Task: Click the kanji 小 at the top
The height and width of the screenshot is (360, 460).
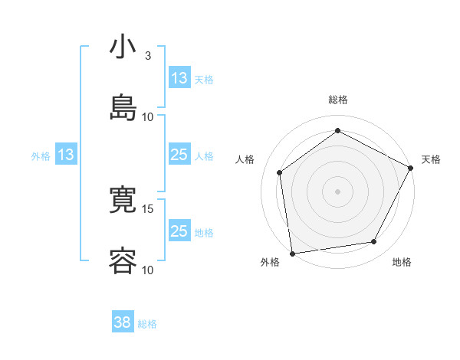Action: (123, 47)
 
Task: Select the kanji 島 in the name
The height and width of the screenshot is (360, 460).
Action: (123, 107)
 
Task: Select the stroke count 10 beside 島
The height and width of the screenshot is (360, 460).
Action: (148, 116)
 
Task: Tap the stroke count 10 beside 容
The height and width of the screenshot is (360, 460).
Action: (148, 269)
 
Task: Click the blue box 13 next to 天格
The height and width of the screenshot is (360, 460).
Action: (179, 78)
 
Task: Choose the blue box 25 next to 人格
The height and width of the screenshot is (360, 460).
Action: (179, 155)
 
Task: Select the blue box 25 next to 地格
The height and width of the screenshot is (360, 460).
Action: (179, 231)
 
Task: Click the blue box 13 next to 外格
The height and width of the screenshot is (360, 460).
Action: (66, 155)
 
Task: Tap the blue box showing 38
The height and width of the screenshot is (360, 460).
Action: (123, 322)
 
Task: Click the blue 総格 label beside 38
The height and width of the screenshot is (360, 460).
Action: (147, 324)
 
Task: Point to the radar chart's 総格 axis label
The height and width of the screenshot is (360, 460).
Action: (338, 100)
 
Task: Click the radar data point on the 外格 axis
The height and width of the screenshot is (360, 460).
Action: (292, 253)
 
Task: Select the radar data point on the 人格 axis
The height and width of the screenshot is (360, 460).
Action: (280, 172)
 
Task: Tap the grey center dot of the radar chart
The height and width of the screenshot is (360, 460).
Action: (338, 191)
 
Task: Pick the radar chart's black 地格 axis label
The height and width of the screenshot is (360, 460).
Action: (402, 262)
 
